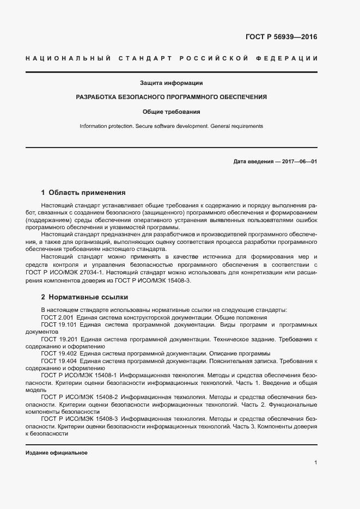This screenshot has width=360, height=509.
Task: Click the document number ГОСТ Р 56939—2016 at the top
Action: click(281, 37)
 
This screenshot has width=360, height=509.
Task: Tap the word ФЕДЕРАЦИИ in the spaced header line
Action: click(291, 58)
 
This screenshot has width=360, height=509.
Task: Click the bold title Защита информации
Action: click(172, 83)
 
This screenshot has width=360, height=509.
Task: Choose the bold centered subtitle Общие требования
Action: click(172, 112)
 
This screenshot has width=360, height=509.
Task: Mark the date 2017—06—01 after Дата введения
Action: click(299, 162)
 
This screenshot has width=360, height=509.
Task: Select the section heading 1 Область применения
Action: click(83, 192)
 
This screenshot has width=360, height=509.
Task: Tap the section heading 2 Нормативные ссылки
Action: click(84, 297)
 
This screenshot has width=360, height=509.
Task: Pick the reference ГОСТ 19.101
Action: click(60, 324)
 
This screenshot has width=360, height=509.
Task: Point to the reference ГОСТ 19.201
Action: click(60, 339)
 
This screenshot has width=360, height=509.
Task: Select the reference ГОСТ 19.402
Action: click(60, 353)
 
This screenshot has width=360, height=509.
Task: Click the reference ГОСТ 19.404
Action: click(60, 361)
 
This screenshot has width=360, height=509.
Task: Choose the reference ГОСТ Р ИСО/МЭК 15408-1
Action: click(79, 376)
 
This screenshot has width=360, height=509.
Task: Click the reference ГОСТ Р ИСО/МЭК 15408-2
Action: click(79, 398)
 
